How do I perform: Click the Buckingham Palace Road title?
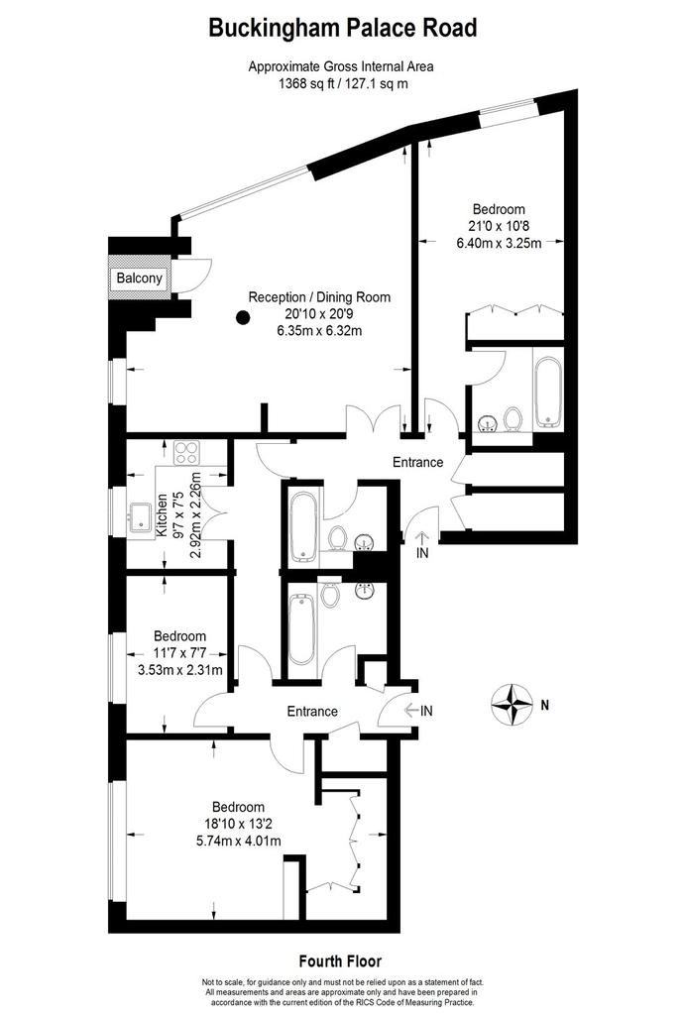342,29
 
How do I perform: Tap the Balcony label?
139,279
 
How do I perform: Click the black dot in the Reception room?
243,318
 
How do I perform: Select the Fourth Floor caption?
341,961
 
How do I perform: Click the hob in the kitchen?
186,452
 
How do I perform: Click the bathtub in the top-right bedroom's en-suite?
549,392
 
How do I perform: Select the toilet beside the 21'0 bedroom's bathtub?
513,418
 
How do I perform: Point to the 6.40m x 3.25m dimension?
500,244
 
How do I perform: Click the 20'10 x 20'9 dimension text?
320,314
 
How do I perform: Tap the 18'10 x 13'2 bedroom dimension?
238,824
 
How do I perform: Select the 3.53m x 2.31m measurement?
180,670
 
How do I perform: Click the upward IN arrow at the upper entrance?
421,537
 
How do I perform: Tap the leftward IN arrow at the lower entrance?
411,711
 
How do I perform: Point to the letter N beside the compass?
544,705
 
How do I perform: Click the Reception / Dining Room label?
320,297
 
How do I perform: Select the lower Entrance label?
312,712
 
